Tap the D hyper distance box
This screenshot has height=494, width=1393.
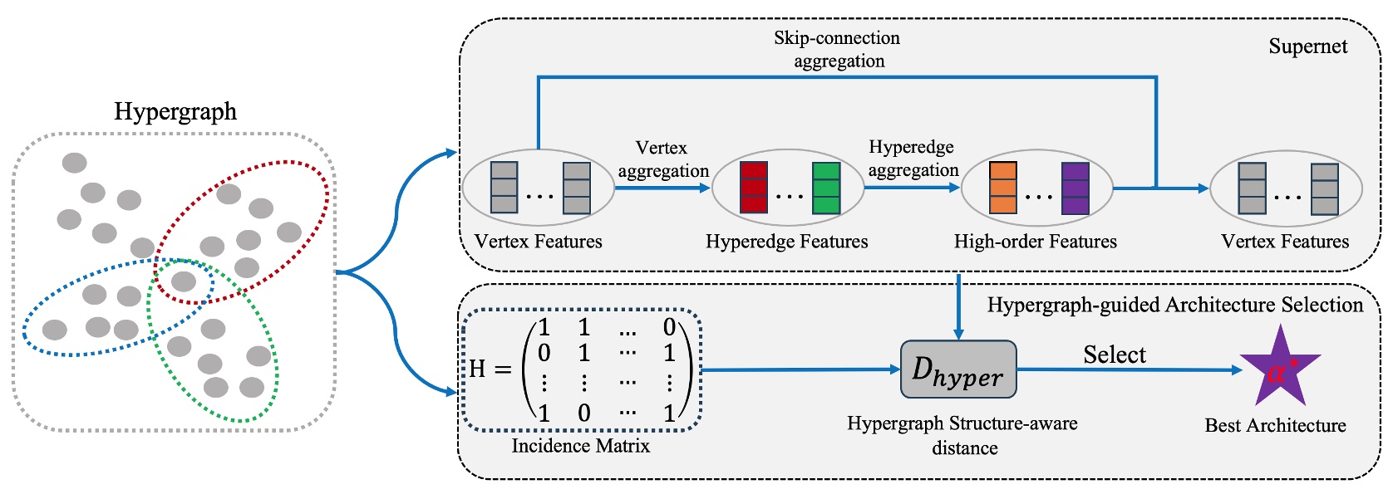(x=958, y=369)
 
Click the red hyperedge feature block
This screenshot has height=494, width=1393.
(x=753, y=188)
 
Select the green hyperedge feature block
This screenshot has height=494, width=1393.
(x=826, y=188)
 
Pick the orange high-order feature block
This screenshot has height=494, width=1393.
(x=1003, y=188)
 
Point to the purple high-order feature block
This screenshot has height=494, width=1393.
(x=1076, y=188)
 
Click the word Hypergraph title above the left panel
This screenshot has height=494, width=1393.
(x=175, y=111)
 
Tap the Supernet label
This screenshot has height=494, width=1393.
(x=1307, y=46)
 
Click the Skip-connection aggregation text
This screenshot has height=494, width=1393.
(x=837, y=49)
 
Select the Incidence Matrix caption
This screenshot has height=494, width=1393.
(x=580, y=446)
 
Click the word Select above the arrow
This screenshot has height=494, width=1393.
(x=1114, y=355)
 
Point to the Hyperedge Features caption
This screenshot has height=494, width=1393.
(x=786, y=242)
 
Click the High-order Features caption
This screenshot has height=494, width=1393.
(x=1035, y=242)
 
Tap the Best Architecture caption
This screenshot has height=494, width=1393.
(x=1275, y=425)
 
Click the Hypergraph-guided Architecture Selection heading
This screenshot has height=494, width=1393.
(x=1174, y=305)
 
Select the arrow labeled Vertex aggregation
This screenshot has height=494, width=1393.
(x=662, y=188)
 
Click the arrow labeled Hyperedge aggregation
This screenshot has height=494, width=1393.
(x=912, y=188)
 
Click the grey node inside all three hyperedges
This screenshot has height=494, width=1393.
(x=183, y=281)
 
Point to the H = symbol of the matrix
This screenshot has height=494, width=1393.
(x=490, y=369)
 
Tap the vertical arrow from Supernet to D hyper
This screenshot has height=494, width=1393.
(x=958, y=306)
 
